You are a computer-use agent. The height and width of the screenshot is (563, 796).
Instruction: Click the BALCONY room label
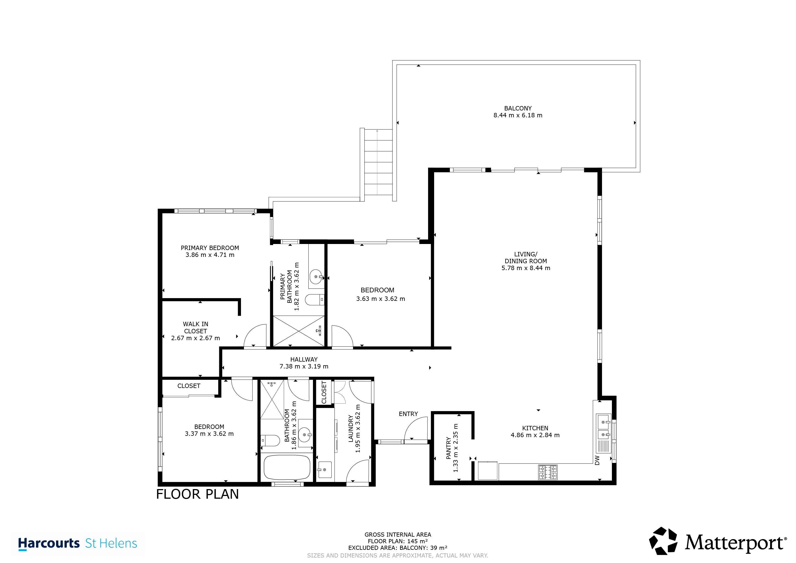(x=518, y=109)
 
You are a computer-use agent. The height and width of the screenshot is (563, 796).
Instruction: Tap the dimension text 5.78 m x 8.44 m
(x=526, y=268)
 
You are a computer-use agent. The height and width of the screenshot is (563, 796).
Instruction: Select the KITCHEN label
(x=535, y=428)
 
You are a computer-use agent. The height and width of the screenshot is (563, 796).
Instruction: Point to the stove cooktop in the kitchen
(x=548, y=472)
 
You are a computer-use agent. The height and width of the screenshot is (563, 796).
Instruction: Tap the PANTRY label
(x=449, y=448)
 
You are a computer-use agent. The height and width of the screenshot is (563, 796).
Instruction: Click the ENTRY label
(x=408, y=414)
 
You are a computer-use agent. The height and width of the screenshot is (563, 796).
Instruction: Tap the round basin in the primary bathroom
(x=316, y=277)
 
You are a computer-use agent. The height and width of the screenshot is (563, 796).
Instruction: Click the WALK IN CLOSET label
(x=196, y=328)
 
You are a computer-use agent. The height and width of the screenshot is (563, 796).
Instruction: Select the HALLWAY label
(x=304, y=359)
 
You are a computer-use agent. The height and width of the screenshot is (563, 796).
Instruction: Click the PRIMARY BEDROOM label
(x=210, y=248)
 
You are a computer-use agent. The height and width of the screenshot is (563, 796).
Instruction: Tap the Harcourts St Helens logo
(x=78, y=543)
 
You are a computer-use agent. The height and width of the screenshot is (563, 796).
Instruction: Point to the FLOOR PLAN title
(x=198, y=494)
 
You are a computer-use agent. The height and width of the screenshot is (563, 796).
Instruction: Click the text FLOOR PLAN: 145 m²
(x=398, y=541)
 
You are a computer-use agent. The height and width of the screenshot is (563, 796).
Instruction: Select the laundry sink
(x=324, y=469)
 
